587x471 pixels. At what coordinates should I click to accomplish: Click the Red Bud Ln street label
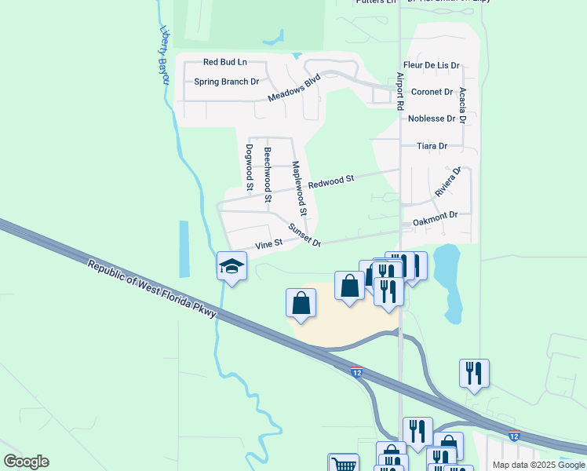(224, 62)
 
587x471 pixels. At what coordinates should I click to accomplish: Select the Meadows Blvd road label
(294, 88)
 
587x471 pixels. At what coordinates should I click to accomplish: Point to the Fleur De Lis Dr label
(431, 66)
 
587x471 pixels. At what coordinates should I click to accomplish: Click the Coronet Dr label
(432, 92)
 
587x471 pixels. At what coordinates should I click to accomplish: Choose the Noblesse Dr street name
(432, 119)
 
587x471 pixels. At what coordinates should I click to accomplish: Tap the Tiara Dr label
(432, 146)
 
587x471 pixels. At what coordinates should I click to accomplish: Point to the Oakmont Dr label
(435, 215)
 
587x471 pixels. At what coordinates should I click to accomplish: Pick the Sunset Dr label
(304, 235)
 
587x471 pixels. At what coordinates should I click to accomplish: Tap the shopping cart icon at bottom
(343, 465)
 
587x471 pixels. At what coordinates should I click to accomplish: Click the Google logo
(26, 462)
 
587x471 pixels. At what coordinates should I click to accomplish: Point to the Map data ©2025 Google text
(538, 465)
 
